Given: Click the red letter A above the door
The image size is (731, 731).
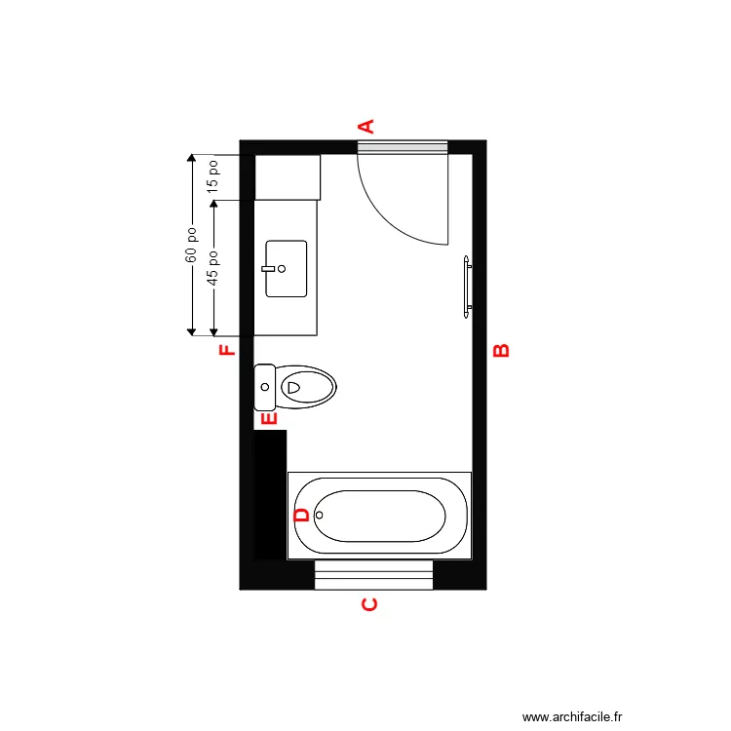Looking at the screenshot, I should click(367, 125).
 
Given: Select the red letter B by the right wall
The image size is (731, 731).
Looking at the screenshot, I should click(501, 350).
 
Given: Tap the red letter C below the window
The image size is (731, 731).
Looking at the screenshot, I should click(369, 605).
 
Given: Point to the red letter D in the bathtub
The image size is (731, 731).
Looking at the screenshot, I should click(301, 515).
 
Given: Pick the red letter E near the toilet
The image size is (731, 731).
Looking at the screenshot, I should click(270, 418).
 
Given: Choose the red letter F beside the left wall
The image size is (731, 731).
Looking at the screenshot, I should click(227, 350).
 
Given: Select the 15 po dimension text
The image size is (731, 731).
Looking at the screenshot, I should click(213, 176).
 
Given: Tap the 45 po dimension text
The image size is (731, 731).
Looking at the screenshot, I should click(213, 268).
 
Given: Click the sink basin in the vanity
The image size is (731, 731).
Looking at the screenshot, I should click(287, 268).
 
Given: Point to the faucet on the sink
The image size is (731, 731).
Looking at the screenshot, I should click(268, 267).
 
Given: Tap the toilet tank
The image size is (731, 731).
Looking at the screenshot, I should click(264, 386).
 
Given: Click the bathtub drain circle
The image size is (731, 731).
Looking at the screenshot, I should click(319, 515).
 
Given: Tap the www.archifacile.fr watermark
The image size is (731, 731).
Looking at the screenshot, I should click(572, 715).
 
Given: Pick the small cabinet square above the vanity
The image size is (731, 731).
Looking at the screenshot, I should click(288, 177).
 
